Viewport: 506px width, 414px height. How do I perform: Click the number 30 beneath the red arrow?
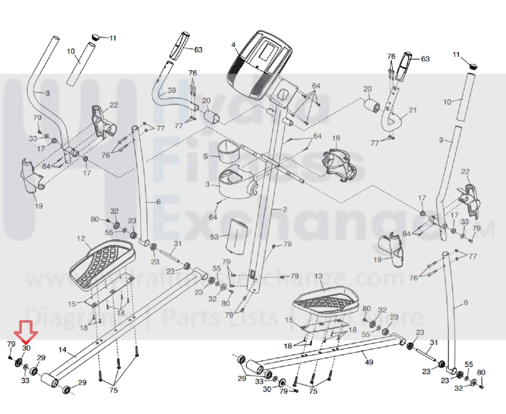[26, 348]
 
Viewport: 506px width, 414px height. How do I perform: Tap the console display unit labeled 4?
[259, 64]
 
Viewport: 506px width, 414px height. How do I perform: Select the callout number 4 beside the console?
[233, 45]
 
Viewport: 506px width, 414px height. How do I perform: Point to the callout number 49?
[369, 362]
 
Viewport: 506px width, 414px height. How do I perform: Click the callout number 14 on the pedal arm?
[62, 350]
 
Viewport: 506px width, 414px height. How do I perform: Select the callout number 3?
[207, 184]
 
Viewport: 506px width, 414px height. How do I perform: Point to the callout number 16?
[336, 138]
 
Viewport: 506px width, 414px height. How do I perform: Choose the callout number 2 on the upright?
[285, 209]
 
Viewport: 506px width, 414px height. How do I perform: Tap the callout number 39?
[172, 90]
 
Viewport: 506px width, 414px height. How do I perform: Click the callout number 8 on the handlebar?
[48, 93]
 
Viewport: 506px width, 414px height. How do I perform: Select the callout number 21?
[413, 110]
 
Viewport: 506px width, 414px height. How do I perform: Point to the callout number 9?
[441, 140]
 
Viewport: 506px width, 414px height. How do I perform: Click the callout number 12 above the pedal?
[81, 238]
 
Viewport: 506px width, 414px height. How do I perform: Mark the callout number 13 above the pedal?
[318, 276]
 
